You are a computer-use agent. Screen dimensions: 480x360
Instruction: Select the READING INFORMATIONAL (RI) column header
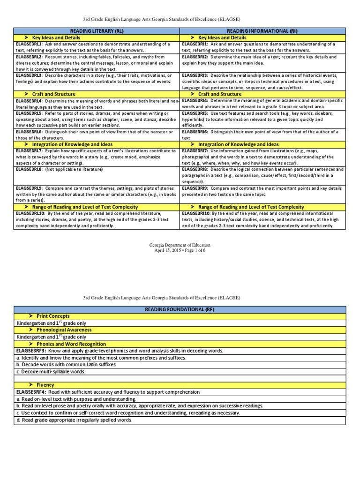263,30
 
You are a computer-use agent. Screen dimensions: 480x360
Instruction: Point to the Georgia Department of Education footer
180,245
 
